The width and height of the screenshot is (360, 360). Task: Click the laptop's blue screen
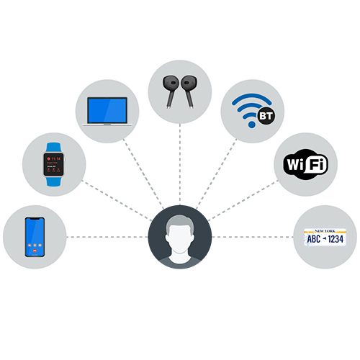[107, 109]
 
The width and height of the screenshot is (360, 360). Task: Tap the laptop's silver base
[107, 123]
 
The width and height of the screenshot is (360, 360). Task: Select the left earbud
[170, 86]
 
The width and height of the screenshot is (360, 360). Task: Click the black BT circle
[266, 114]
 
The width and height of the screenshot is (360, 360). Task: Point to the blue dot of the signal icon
[251, 125]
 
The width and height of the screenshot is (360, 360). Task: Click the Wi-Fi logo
[305, 164]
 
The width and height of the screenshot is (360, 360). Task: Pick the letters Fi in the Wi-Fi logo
[317, 165]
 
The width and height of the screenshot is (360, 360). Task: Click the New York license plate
[325, 237]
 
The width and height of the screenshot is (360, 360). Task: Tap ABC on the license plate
[315, 239]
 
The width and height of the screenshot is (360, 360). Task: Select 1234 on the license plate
[336, 239]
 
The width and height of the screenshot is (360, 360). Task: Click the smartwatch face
[54, 164]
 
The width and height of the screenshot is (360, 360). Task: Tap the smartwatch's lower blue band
[54, 181]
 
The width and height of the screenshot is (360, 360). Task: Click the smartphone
[34, 237]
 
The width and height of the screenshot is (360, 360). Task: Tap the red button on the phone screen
[34, 253]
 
